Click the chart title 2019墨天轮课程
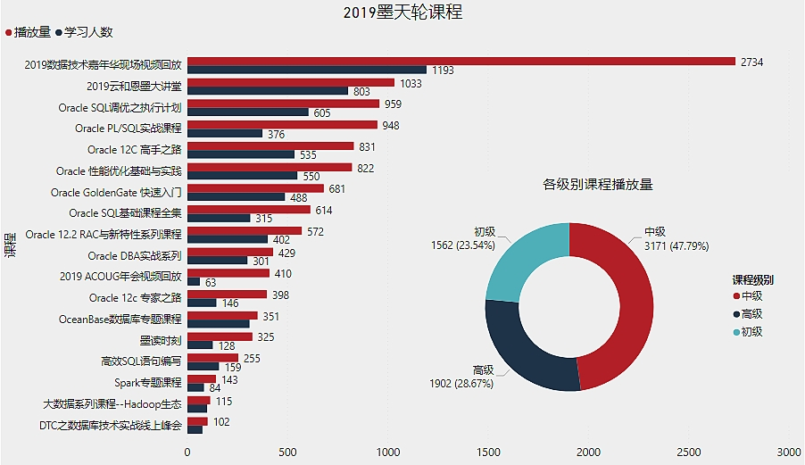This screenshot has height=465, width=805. click(402, 12)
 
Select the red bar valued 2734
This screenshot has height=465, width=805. click(461, 62)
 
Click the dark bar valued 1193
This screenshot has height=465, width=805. click(307, 70)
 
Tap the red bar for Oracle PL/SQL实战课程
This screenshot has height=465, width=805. click(282, 125)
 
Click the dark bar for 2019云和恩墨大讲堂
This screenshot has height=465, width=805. click(268, 91)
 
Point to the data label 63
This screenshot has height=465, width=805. click(211, 282)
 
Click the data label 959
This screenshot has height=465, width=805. click(393, 104)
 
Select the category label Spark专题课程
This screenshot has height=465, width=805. click(148, 383)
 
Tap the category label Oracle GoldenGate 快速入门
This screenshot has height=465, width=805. click(116, 193)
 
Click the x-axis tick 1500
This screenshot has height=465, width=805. click(489, 453)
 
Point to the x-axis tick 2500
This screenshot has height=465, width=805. click(689, 453)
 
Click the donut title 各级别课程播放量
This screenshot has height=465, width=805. click(598, 185)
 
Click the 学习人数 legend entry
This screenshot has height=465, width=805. click(85, 32)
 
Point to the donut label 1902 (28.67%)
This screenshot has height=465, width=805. click(461, 377)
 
